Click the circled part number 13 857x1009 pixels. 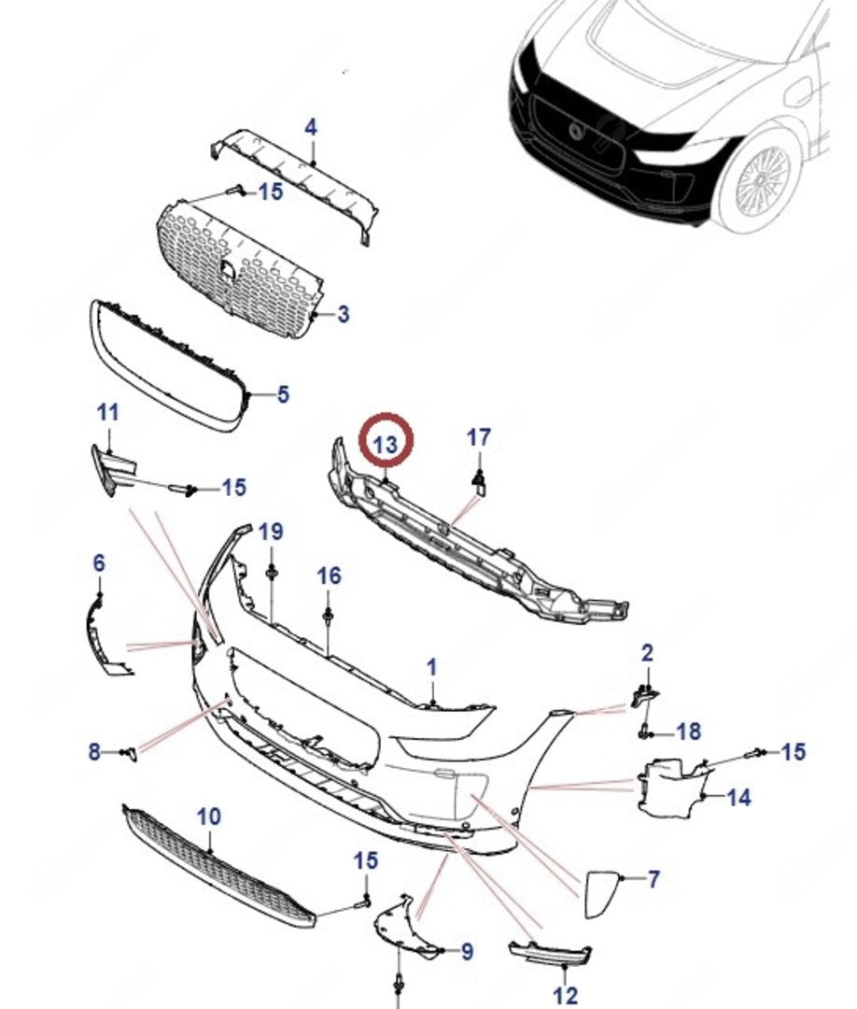386,446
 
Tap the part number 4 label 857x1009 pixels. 311,127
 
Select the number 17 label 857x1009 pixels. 479,437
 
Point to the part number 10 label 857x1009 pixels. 209,817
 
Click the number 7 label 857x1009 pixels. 653,878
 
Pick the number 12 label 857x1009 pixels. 566,996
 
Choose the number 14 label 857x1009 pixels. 738,797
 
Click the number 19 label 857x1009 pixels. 270,533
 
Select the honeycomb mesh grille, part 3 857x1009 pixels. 243,271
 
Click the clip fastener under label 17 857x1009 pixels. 479,479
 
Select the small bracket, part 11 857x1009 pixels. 110,467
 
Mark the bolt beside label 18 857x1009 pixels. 645,730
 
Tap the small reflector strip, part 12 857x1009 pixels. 550,955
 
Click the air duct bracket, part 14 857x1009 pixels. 667,785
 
